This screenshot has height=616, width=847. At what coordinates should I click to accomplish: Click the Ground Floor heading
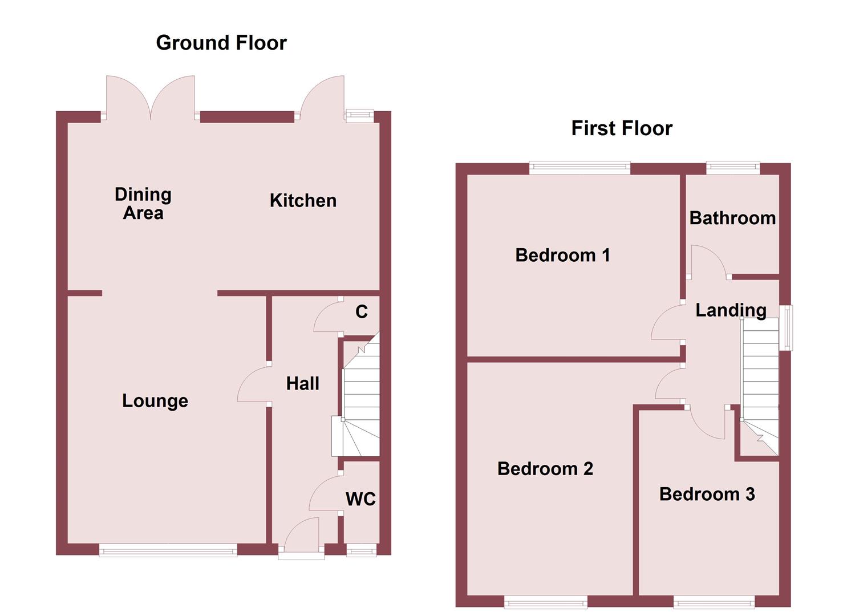[x=221, y=43]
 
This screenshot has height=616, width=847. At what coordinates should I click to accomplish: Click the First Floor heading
[x=622, y=128]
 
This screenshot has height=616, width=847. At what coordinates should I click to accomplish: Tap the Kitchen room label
[x=303, y=201]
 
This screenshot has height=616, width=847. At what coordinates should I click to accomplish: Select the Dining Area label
[x=143, y=204]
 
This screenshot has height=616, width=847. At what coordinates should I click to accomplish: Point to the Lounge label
[x=155, y=401]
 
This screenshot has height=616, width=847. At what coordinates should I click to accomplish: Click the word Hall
[x=302, y=384]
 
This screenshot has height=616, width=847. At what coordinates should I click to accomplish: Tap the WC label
[x=360, y=500]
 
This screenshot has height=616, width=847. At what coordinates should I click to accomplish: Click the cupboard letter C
[x=362, y=312]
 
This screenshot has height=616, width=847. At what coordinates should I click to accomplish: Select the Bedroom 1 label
[x=562, y=255]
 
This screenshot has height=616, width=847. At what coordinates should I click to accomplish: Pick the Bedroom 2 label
[x=545, y=469]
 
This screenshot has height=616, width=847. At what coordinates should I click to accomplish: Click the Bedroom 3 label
[x=707, y=494]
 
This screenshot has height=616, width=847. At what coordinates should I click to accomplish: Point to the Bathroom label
[x=732, y=218]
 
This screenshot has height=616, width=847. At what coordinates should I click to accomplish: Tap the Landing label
[x=731, y=310]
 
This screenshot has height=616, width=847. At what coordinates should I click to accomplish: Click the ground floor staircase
[x=359, y=399]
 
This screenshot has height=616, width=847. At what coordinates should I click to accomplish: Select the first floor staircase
[x=760, y=382]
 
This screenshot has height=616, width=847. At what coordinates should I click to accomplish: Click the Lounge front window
[x=168, y=550]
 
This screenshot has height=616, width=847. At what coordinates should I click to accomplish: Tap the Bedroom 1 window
[x=579, y=168]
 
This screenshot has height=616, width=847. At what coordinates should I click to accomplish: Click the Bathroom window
[x=733, y=168]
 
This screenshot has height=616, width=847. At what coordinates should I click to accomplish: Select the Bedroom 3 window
[x=714, y=601]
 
